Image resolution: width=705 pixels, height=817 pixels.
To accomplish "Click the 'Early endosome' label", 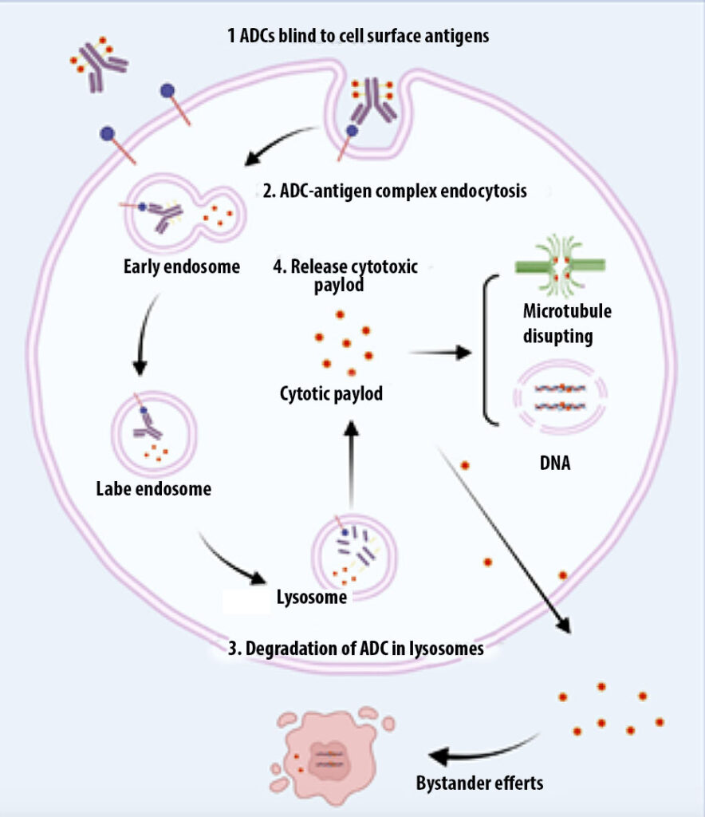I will [x=183, y=266].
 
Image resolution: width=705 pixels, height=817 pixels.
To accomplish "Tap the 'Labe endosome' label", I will [x=153, y=487].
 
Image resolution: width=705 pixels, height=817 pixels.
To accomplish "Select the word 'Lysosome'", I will [x=311, y=597].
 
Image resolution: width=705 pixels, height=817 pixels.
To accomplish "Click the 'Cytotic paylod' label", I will [x=331, y=393].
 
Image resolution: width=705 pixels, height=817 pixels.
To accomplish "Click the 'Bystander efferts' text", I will [x=479, y=782].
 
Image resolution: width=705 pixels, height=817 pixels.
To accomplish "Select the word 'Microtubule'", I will [x=567, y=310].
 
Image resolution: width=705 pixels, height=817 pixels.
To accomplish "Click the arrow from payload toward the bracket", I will [x=439, y=353].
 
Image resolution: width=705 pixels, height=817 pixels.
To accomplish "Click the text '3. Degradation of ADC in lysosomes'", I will [x=356, y=648].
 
